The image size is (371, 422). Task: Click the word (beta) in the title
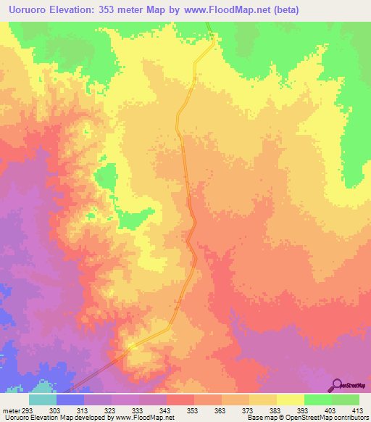[283, 10]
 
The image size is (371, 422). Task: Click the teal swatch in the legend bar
[43, 400]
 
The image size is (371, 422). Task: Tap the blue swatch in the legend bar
[70, 400]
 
